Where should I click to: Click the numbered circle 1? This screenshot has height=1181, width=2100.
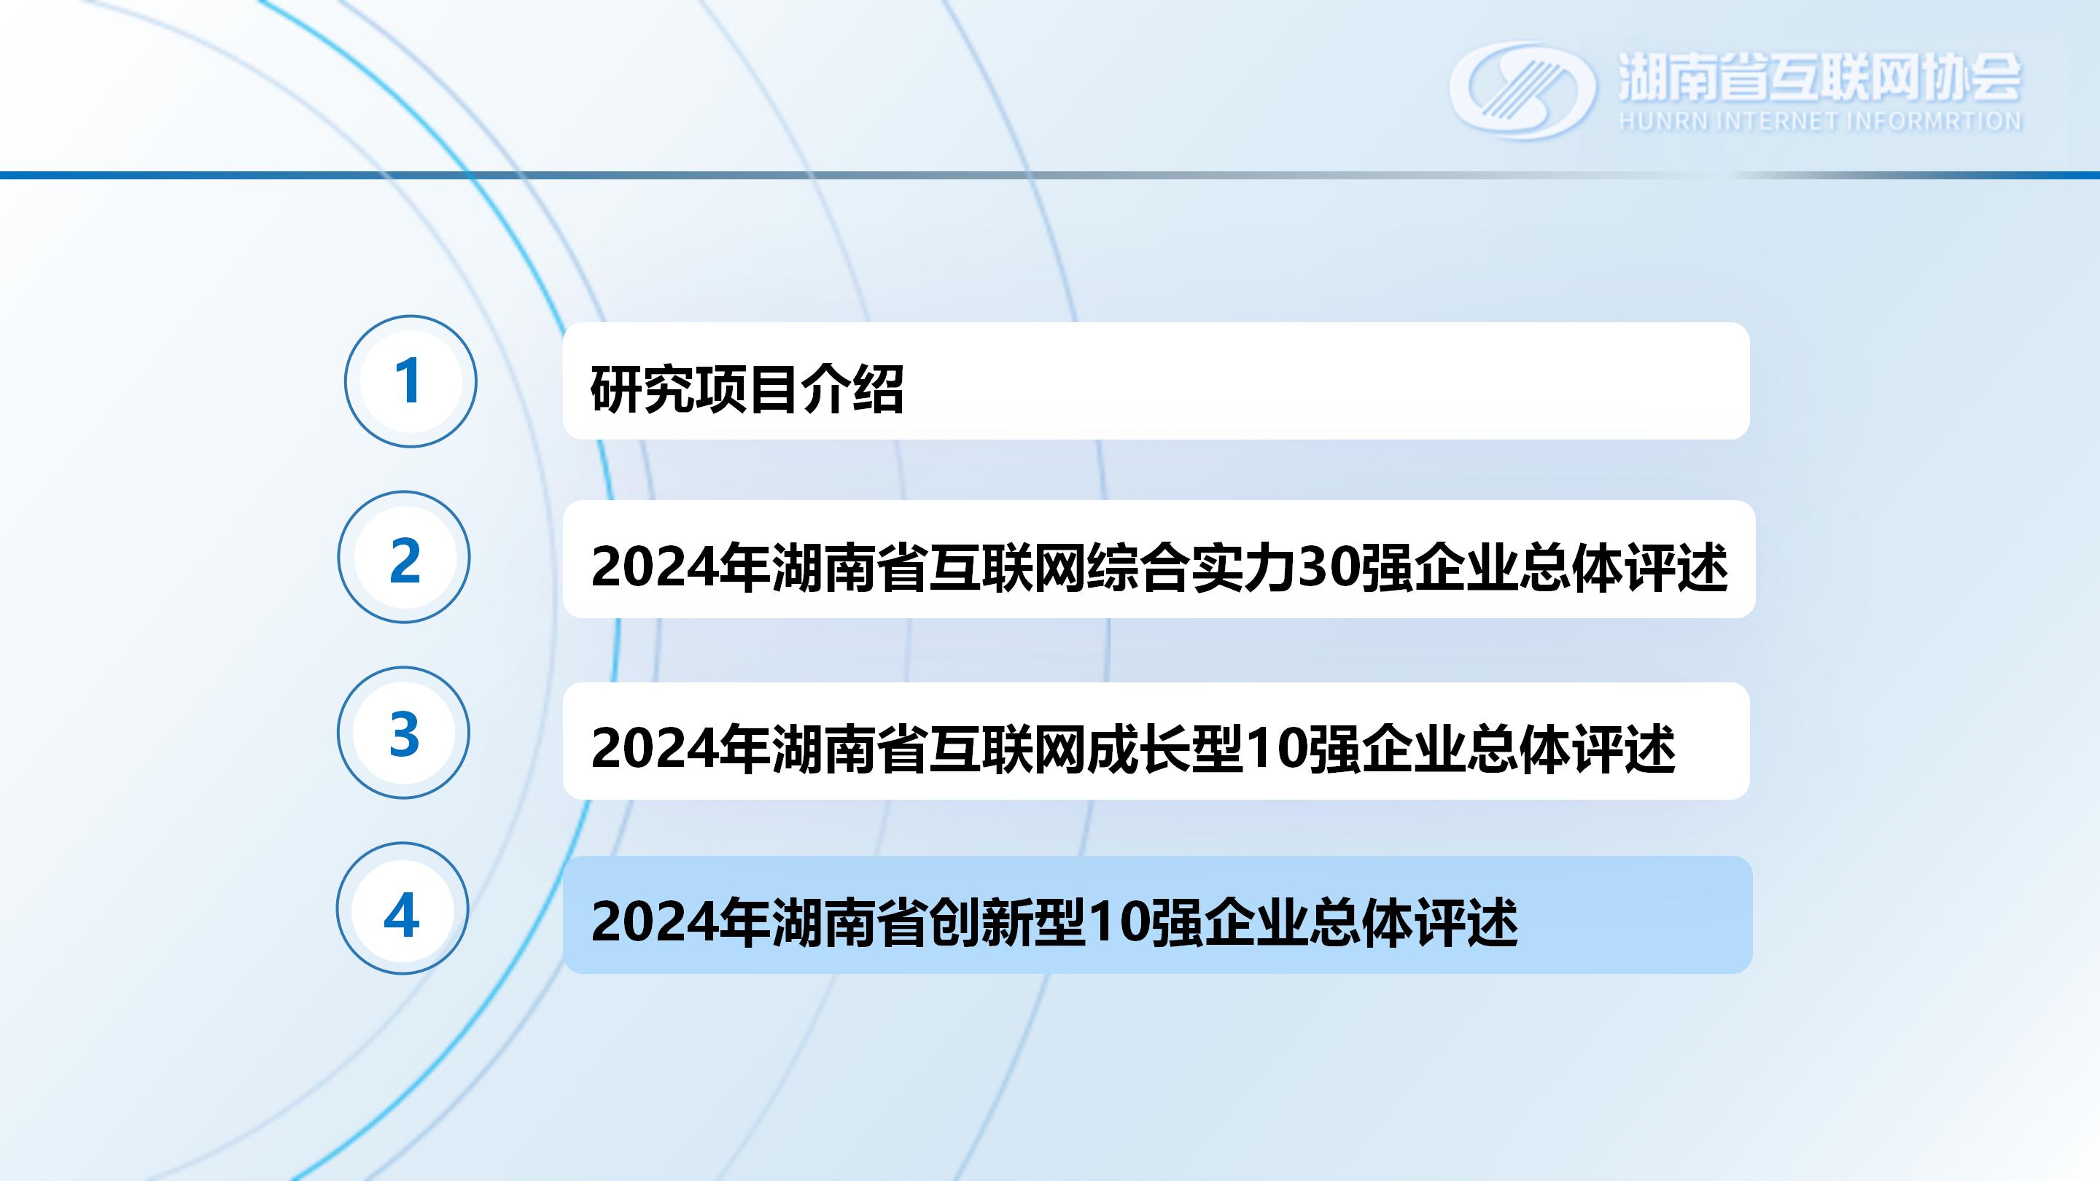coord(410,381)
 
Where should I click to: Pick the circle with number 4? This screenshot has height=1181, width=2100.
coord(402,908)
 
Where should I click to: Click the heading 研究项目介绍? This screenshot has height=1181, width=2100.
coord(747,389)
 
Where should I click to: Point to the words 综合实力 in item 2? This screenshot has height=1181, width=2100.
coord(1191,567)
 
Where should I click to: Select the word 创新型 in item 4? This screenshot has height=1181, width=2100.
coord(1008,923)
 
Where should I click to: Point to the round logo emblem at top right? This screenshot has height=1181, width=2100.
coord(1522,90)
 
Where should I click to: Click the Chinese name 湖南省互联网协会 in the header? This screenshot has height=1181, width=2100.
coord(1819,77)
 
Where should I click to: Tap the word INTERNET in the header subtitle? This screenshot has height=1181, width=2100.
coord(1777,122)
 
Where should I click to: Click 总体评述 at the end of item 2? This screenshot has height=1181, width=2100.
coord(1624,567)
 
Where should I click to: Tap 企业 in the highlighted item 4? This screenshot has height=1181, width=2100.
coord(1256,923)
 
